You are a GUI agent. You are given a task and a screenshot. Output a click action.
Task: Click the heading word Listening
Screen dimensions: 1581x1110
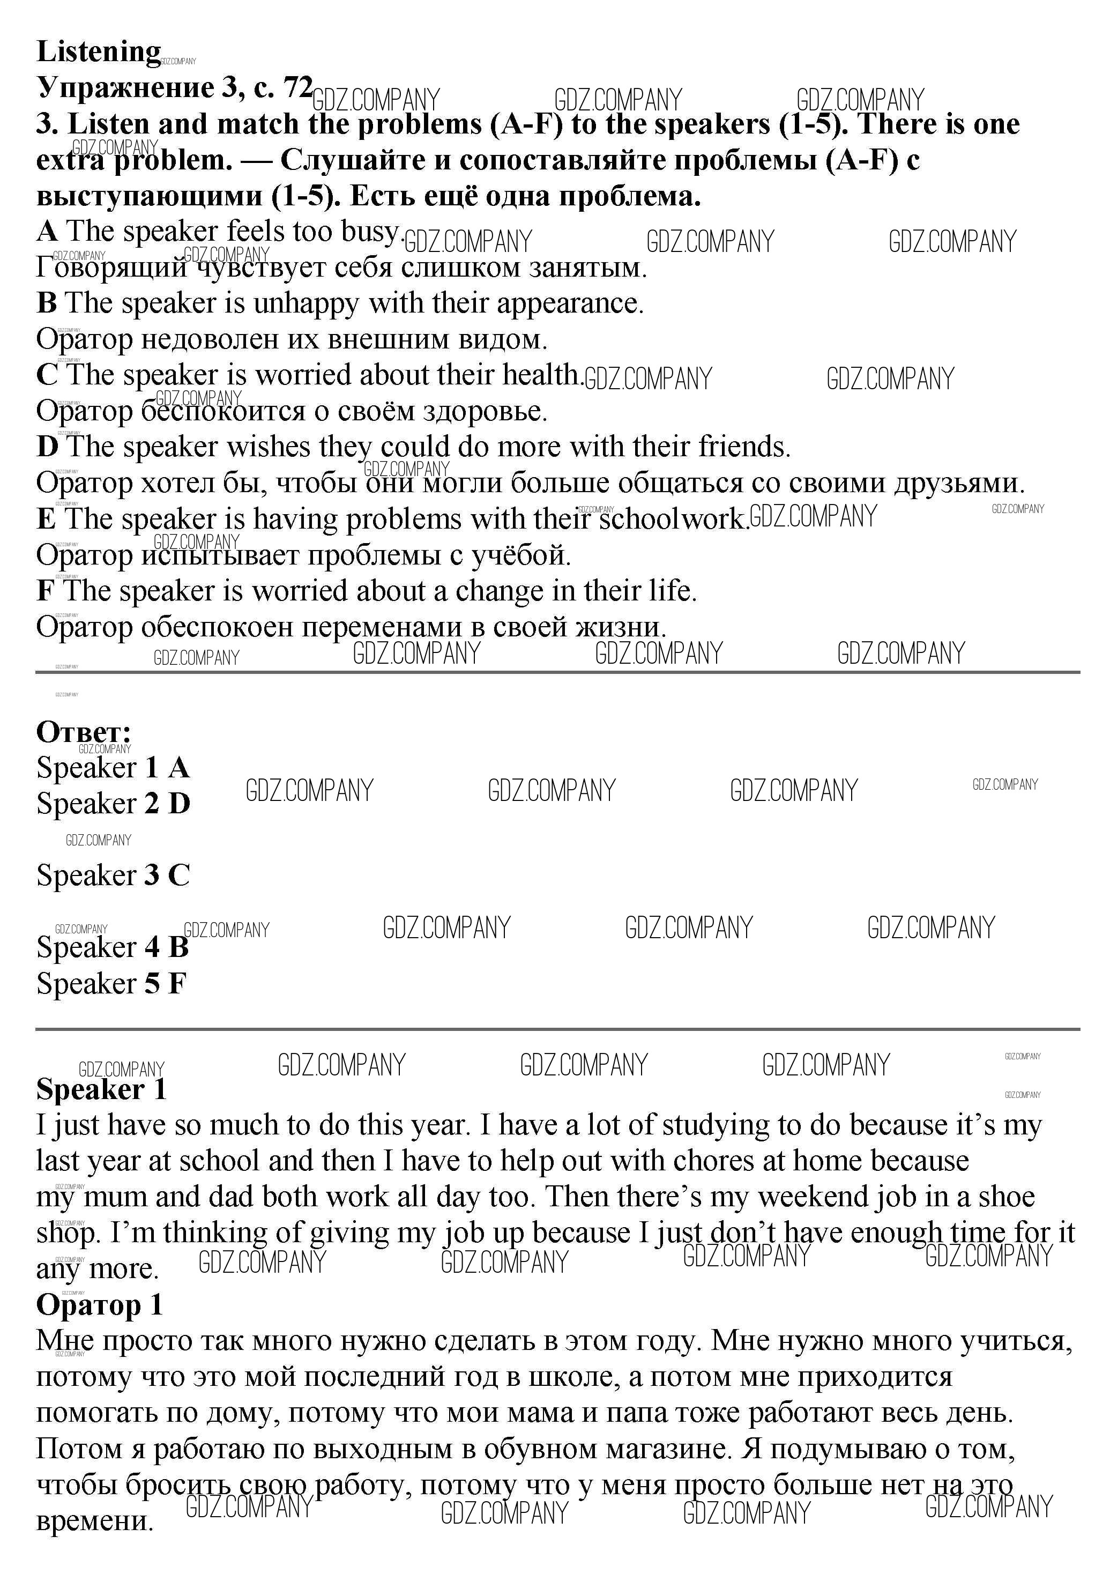[x=99, y=51]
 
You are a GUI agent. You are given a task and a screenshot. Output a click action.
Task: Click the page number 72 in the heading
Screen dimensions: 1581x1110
[x=297, y=87]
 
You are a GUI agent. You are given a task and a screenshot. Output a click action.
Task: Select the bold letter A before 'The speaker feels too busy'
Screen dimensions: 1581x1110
[x=47, y=232]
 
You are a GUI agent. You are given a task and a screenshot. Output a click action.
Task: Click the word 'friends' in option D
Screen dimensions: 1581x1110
[x=744, y=447]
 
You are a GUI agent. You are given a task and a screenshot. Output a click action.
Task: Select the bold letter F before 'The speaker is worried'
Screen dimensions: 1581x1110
[x=46, y=591]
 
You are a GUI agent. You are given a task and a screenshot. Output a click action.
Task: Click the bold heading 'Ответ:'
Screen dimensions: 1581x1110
[x=83, y=731]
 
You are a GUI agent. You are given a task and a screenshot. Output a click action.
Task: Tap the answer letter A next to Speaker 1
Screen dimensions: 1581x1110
[x=178, y=768]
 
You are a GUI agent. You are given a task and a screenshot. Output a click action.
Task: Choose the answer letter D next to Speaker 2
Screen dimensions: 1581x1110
[x=179, y=804]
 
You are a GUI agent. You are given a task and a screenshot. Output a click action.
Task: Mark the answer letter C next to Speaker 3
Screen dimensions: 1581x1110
[x=179, y=875]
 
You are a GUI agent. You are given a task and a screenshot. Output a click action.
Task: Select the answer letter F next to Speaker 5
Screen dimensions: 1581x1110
[x=177, y=983]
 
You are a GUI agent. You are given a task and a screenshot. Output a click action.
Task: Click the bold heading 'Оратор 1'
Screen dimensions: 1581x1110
[x=99, y=1305]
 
